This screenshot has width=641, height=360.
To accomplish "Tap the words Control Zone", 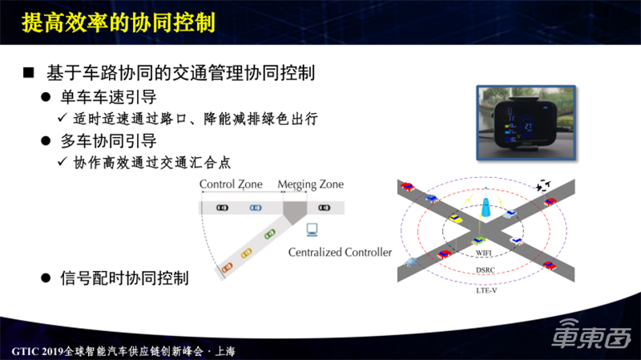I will coord(232,184).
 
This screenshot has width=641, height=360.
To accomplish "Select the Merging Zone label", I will coord(311,184).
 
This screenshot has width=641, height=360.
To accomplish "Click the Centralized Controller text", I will coord(340,253).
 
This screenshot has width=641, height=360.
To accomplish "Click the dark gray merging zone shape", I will coord(295,209).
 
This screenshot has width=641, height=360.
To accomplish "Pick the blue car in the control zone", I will coord(255,208).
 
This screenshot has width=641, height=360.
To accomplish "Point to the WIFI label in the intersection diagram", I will coord(482,254).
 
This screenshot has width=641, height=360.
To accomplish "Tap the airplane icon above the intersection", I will coord(545,185).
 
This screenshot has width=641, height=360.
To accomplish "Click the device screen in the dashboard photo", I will coord(528,129).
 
